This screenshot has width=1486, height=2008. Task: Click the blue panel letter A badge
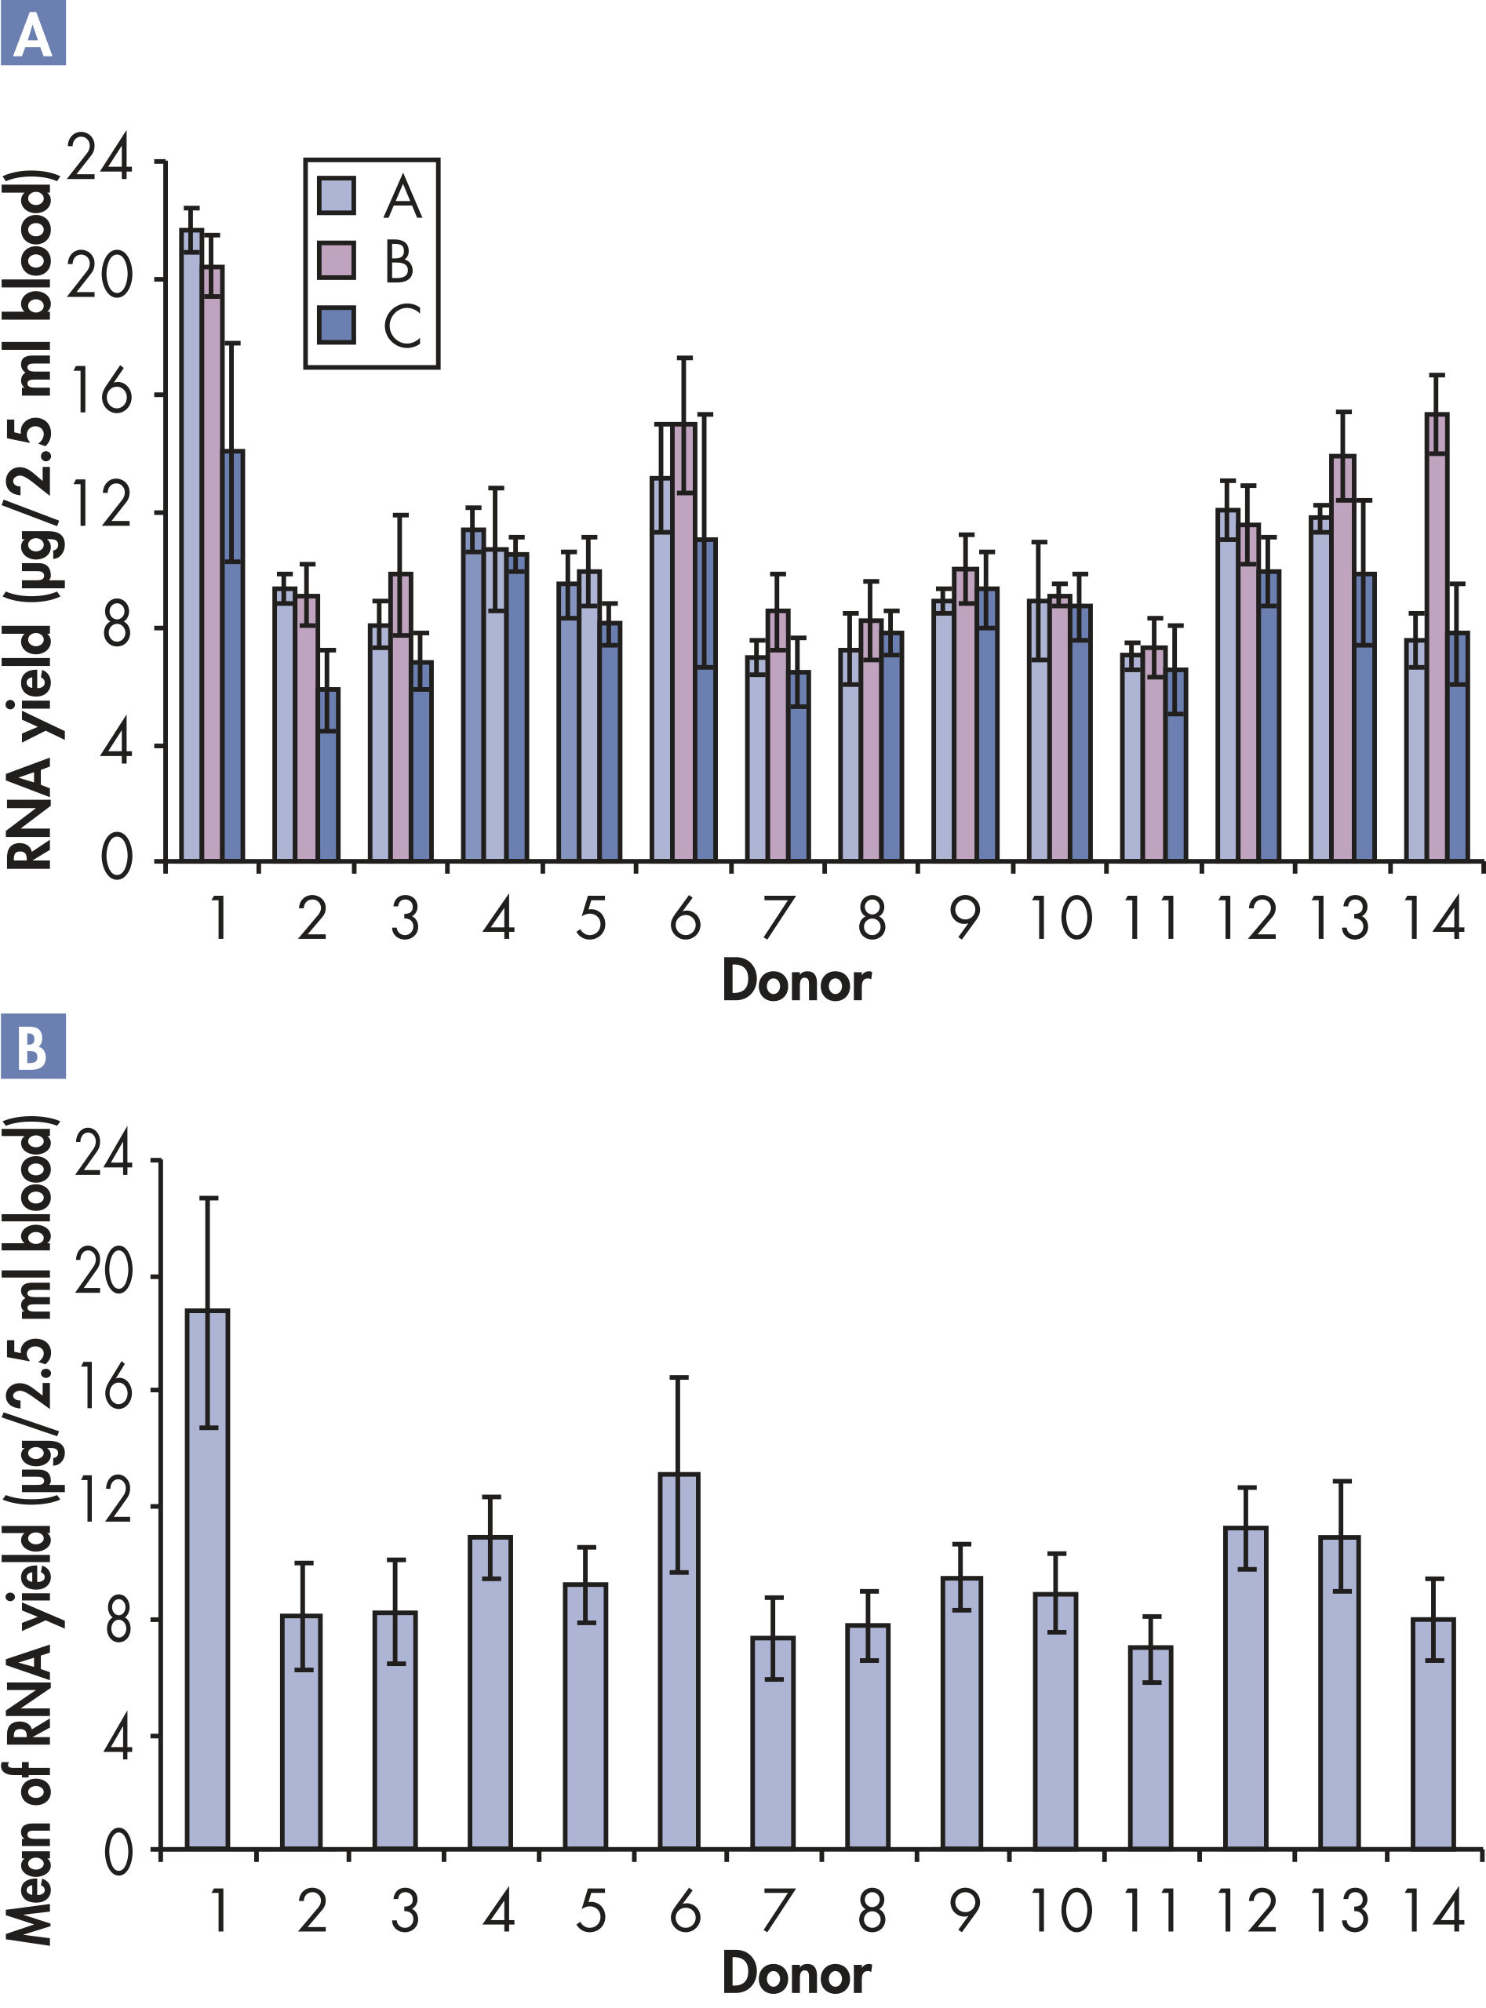[x=33, y=33]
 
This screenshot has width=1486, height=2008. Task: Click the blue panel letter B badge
[x=33, y=1046]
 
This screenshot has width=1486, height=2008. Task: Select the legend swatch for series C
[x=337, y=325]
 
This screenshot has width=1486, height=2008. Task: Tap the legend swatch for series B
[x=337, y=260]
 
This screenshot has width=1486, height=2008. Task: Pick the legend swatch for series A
[x=337, y=195]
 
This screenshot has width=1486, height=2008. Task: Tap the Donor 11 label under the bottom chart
[x=1153, y=1910]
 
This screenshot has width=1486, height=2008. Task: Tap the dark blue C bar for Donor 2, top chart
[x=328, y=774]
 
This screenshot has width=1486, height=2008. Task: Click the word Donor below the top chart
[x=796, y=981]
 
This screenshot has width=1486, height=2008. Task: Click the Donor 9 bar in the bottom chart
[x=962, y=1712]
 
